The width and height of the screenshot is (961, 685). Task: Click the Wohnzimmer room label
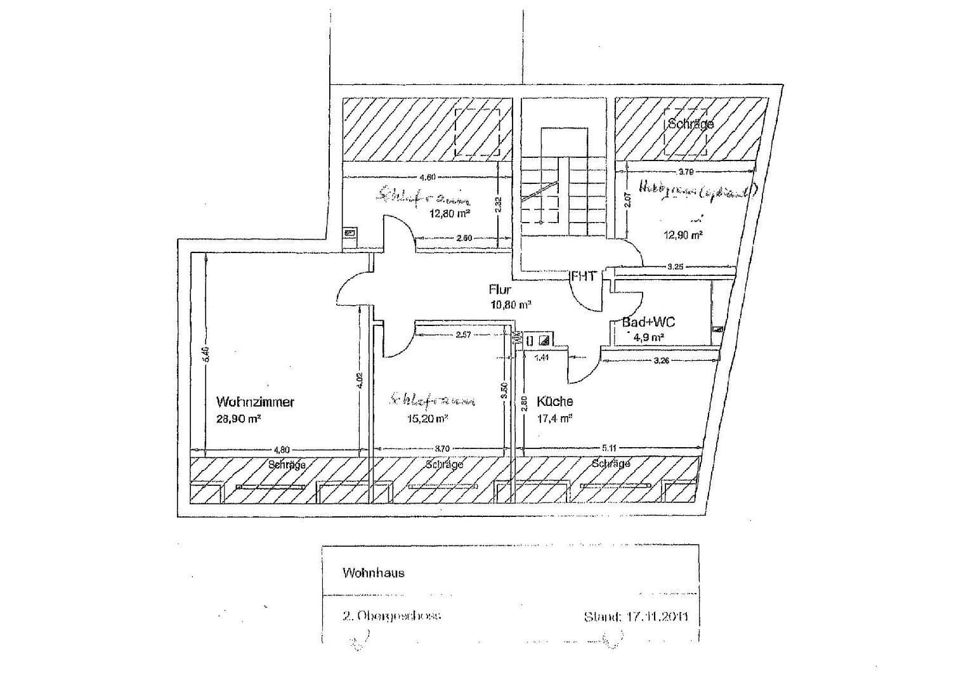(x=255, y=401)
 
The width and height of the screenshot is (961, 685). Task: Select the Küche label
(x=554, y=401)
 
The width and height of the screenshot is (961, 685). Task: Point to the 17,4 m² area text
(x=554, y=418)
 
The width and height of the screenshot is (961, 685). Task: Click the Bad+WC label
(x=648, y=322)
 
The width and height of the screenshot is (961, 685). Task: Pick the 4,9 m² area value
(x=648, y=337)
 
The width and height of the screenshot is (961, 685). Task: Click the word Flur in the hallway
(x=500, y=289)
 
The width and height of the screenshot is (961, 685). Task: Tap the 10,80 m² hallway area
(x=511, y=304)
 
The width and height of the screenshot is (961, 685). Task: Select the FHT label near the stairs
(x=584, y=276)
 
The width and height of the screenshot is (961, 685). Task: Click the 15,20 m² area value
(x=428, y=419)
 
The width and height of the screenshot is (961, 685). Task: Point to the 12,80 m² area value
(x=450, y=214)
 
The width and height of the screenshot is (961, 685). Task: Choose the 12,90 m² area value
(x=683, y=235)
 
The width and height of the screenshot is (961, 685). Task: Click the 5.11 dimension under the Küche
(x=609, y=448)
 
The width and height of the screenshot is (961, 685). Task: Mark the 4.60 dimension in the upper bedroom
(x=426, y=178)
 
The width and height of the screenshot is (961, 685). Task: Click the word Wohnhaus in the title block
(x=373, y=573)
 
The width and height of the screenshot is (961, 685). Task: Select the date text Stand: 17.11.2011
(x=636, y=616)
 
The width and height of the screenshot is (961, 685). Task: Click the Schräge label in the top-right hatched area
(x=690, y=124)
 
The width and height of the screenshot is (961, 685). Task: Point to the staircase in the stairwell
(x=560, y=190)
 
